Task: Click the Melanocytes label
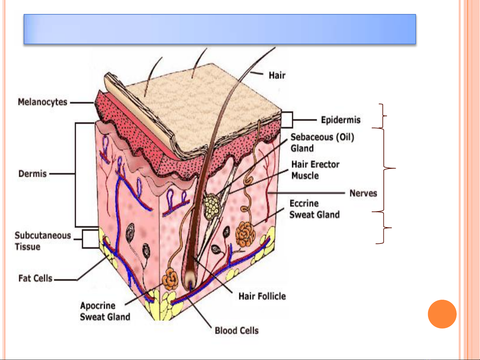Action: point(43,102)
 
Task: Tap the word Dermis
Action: point(33,174)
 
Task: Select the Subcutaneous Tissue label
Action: point(43,241)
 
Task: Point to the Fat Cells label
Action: point(35,278)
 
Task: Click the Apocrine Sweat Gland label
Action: point(105,311)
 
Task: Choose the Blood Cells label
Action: point(237,331)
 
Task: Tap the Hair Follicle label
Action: point(262,296)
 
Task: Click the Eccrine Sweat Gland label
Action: point(314,209)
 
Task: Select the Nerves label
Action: point(363,193)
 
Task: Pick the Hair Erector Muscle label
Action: point(315,170)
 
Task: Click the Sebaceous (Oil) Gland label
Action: point(322,143)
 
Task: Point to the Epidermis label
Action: point(340,120)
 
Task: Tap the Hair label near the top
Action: point(277,75)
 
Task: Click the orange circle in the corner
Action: point(442,314)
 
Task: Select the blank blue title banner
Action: point(220,29)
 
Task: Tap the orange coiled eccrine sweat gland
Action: point(245,234)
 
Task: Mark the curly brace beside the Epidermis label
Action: point(383,116)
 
